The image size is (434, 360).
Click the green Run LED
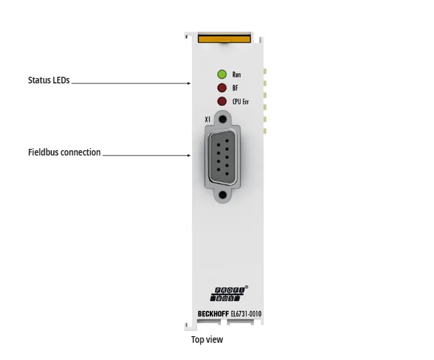click(x=222, y=74)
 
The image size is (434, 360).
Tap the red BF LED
click(x=222, y=87)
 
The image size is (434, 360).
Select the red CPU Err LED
click(x=222, y=101)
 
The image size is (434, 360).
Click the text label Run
click(x=237, y=75)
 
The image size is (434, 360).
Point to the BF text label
click(x=235, y=88)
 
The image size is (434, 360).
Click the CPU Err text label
click(x=240, y=102)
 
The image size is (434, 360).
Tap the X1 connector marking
click(x=208, y=120)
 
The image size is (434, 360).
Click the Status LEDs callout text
click(x=48, y=81)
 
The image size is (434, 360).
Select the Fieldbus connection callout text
click(x=64, y=152)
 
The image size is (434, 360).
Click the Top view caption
click(x=207, y=339)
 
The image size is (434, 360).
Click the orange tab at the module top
click(x=224, y=38)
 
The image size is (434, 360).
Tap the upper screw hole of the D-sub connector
click(x=224, y=120)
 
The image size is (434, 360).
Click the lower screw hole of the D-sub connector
click(x=224, y=195)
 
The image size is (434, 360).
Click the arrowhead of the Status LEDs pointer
click(x=189, y=84)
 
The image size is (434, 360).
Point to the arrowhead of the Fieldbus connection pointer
click(x=189, y=156)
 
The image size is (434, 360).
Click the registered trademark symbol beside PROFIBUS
click(x=247, y=287)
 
